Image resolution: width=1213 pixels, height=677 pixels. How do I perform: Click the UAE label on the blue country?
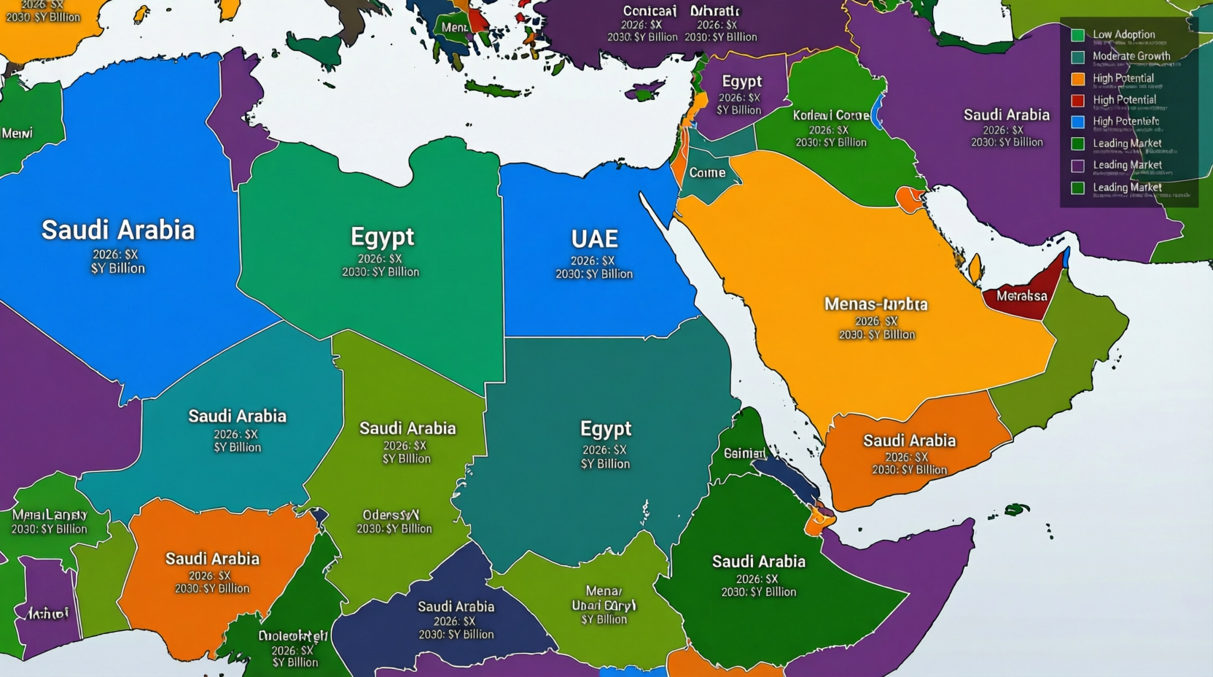point(594,239)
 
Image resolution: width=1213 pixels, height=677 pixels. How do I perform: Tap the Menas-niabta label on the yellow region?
point(875,304)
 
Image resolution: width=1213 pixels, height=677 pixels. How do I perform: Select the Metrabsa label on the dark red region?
point(1021,296)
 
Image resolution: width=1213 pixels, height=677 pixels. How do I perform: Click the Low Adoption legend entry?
point(1123,34)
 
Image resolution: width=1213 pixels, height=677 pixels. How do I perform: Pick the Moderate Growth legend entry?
point(1131,56)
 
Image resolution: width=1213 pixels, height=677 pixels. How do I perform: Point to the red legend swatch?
point(1077,100)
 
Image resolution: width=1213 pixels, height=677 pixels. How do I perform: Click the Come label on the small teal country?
point(707,173)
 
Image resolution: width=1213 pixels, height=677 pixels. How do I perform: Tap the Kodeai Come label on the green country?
point(830,115)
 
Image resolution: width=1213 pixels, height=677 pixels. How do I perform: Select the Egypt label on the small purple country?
point(741,82)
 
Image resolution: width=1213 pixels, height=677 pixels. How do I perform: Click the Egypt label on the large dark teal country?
point(605,428)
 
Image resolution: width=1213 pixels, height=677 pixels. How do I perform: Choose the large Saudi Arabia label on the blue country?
point(118,230)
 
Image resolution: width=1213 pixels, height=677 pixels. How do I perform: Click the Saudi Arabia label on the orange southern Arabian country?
point(909,441)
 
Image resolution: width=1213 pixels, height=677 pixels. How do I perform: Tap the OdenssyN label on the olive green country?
point(391,515)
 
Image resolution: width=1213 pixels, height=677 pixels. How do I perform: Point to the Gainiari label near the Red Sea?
point(744,453)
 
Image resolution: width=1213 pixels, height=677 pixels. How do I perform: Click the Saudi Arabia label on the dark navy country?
point(456,606)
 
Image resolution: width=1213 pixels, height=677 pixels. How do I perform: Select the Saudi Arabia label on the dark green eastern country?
point(758,562)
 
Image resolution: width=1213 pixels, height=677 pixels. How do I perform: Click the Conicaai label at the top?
point(650,11)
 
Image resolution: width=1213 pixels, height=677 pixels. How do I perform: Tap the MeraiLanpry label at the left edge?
point(49,515)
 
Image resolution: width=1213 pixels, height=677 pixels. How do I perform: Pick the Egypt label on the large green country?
point(382,237)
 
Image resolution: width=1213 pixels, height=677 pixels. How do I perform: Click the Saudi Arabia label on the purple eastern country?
point(1006,115)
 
